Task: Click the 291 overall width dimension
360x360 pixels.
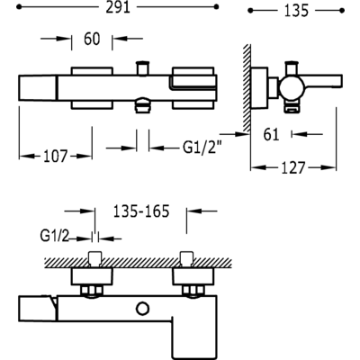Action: [x=118, y=7]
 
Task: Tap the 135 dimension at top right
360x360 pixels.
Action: [x=296, y=11]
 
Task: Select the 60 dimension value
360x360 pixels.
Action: [x=92, y=39]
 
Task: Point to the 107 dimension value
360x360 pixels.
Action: [x=56, y=157]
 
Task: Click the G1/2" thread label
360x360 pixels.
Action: [x=202, y=148]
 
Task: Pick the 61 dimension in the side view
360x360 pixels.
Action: [x=271, y=134]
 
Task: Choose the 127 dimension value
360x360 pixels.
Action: [x=293, y=167]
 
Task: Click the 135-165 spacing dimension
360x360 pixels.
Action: [x=141, y=211]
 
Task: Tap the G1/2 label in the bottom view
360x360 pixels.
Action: [x=54, y=237]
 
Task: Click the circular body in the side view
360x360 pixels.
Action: [x=292, y=89]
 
